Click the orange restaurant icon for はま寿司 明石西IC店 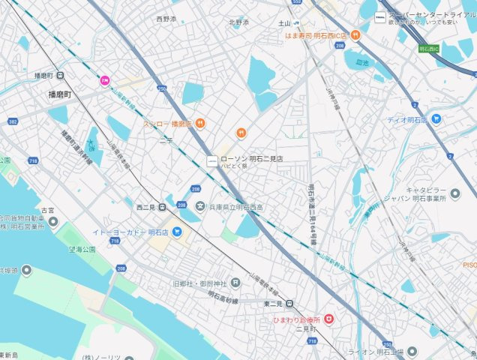(355, 34)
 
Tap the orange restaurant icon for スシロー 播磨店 (200, 124)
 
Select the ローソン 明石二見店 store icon (212, 160)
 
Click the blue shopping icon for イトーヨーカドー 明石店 (177, 232)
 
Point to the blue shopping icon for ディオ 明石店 (436, 119)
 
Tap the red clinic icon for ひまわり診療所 (328, 319)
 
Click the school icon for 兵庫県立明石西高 (200, 206)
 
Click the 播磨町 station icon (60, 75)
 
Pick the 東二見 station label (273, 303)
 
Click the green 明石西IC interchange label (429, 49)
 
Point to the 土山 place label (283, 24)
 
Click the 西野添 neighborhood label (166, 18)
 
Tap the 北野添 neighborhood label (238, 22)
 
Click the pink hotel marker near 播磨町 (106, 80)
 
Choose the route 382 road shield (13, 121)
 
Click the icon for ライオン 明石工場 (412, 351)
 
